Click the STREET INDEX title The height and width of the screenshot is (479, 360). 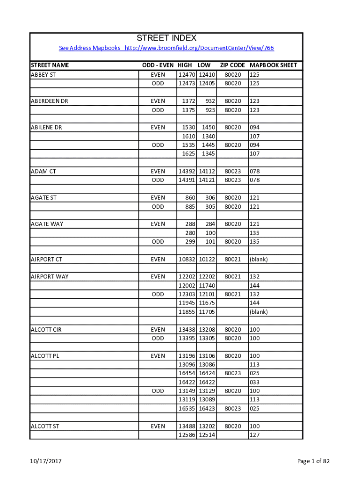[x=166, y=38]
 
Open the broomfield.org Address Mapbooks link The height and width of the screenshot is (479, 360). [x=166, y=48]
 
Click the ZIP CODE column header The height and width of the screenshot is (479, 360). [x=232, y=65]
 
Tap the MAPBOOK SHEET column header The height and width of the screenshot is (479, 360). [x=274, y=65]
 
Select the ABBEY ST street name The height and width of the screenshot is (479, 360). [x=43, y=74]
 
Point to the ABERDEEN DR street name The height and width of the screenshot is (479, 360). [x=49, y=101]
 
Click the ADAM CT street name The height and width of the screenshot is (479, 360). [x=43, y=171]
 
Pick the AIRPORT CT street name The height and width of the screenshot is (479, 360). [x=46, y=259]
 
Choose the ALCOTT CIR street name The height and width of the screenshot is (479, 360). [x=46, y=329]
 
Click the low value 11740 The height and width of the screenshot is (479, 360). [x=207, y=285]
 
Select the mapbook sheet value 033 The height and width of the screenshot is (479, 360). [x=254, y=382]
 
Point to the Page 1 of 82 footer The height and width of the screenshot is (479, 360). [x=313, y=461]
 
